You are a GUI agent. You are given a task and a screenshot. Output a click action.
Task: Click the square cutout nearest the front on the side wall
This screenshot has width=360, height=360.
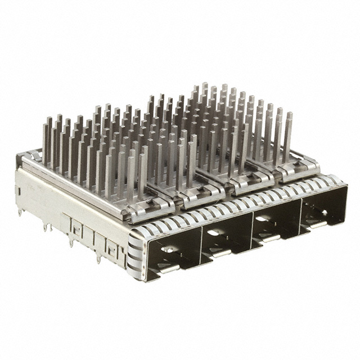click(112, 247)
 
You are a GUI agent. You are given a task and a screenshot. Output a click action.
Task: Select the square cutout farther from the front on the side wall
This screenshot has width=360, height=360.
click(75, 228)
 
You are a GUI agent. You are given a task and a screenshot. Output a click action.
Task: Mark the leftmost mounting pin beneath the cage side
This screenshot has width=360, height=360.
click(21, 211)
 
